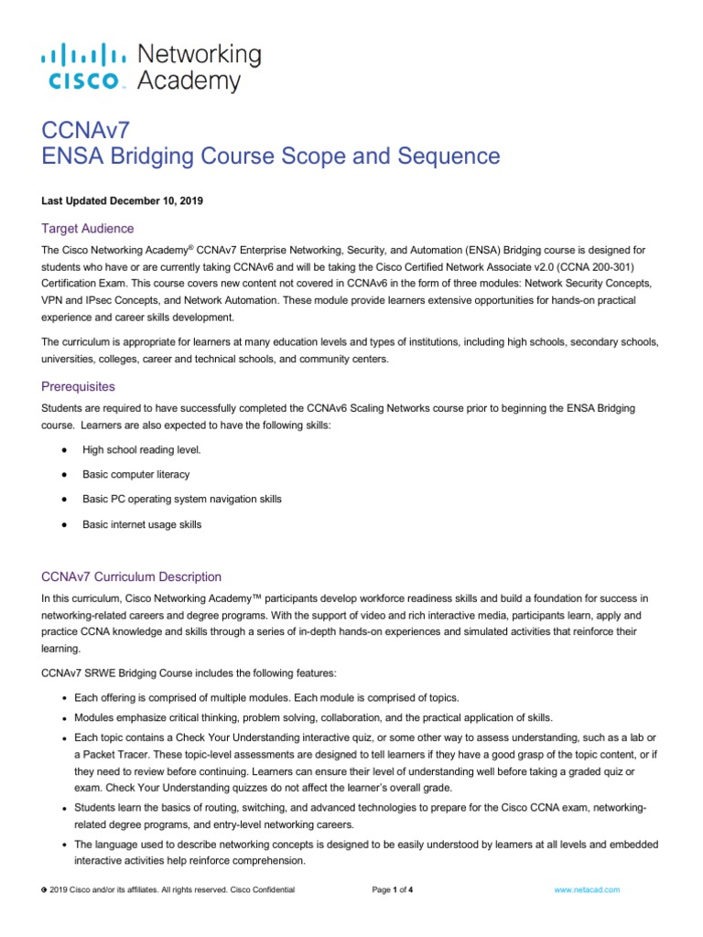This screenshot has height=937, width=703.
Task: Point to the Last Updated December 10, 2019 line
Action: [x=120, y=199]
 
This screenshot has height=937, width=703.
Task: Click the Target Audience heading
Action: [x=88, y=228]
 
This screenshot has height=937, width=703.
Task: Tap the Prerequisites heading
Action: [x=79, y=386]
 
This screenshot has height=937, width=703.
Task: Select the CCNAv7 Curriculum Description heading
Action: [x=132, y=576]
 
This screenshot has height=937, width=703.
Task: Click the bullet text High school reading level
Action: [x=140, y=450]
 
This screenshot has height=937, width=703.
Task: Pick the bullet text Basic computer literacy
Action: [x=136, y=475]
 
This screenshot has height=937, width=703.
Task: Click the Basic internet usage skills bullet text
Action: [x=142, y=524]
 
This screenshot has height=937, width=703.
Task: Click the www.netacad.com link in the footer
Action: [x=589, y=889]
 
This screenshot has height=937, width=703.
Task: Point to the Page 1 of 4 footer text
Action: [x=393, y=889]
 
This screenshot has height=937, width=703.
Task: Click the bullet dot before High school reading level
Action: [x=62, y=450]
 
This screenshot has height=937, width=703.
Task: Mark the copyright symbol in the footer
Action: [x=45, y=889]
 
